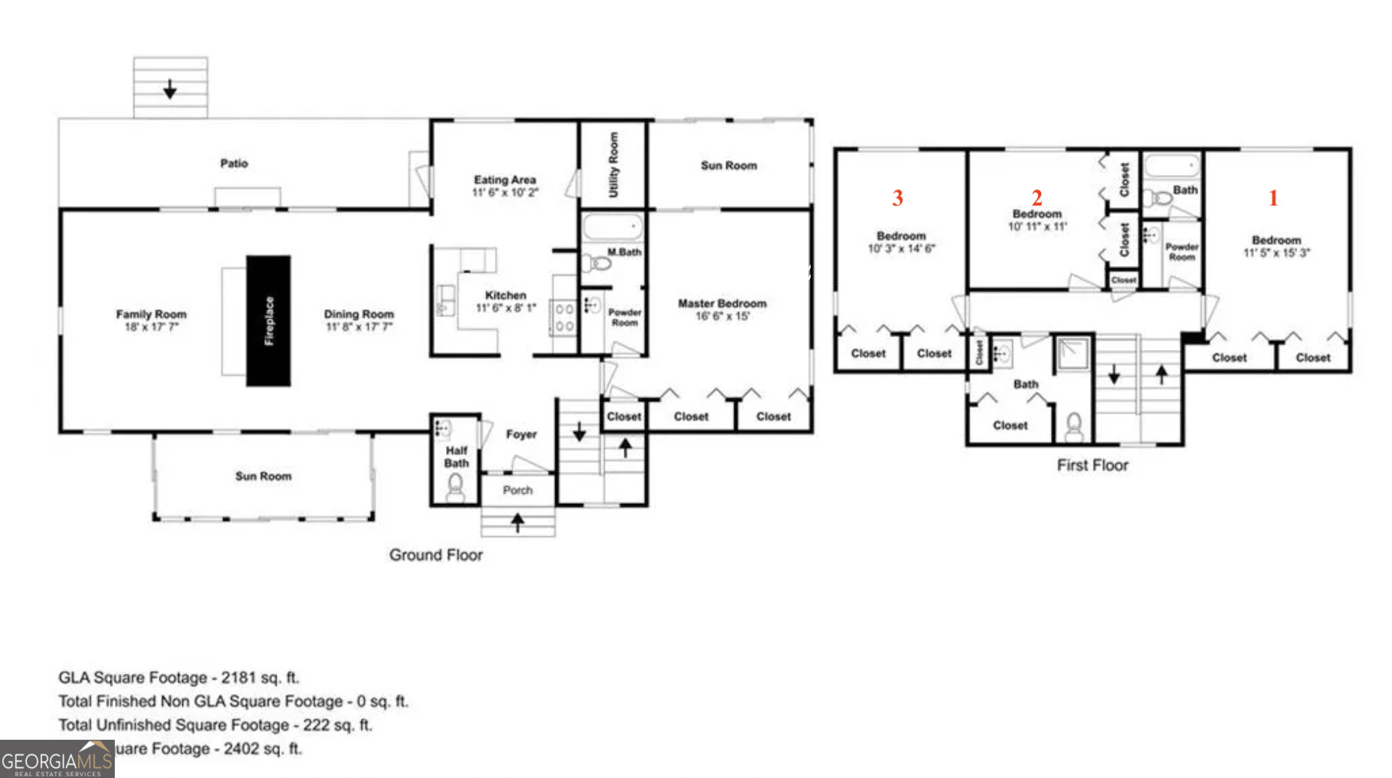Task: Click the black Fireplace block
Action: tap(269, 321)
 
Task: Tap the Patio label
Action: tap(234, 164)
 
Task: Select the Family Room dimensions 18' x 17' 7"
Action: tap(151, 327)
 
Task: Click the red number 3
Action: tap(897, 198)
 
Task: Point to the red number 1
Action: tap(1273, 198)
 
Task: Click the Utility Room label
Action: tap(613, 165)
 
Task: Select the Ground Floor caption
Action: tap(436, 555)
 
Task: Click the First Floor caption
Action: tap(1092, 465)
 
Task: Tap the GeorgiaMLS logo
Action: tap(57, 760)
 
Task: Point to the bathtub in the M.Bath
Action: tap(612, 227)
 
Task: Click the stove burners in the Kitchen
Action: tap(564, 317)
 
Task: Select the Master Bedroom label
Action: tap(722, 304)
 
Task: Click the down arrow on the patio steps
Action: tap(169, 89)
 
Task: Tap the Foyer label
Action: tap(521, 435)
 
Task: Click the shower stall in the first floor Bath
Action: tap(1073, 353)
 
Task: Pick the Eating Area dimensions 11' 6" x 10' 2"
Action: tap(505, 193)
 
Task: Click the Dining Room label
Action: tap(359, 314)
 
